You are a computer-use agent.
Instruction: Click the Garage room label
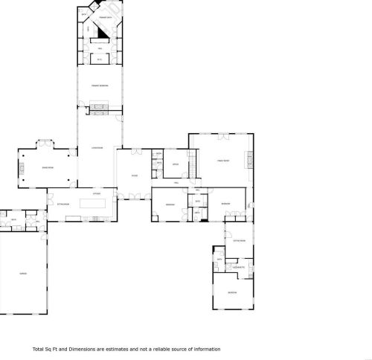23,274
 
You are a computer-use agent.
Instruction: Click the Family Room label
222,161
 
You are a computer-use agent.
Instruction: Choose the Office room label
176,164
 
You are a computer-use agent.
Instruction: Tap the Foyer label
135,176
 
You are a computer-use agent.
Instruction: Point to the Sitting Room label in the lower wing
238,240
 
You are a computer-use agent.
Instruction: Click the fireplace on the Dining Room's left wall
22,168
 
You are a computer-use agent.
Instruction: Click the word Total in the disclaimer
39,349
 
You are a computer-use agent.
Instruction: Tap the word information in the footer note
206,349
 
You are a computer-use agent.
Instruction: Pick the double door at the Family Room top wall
221,135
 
